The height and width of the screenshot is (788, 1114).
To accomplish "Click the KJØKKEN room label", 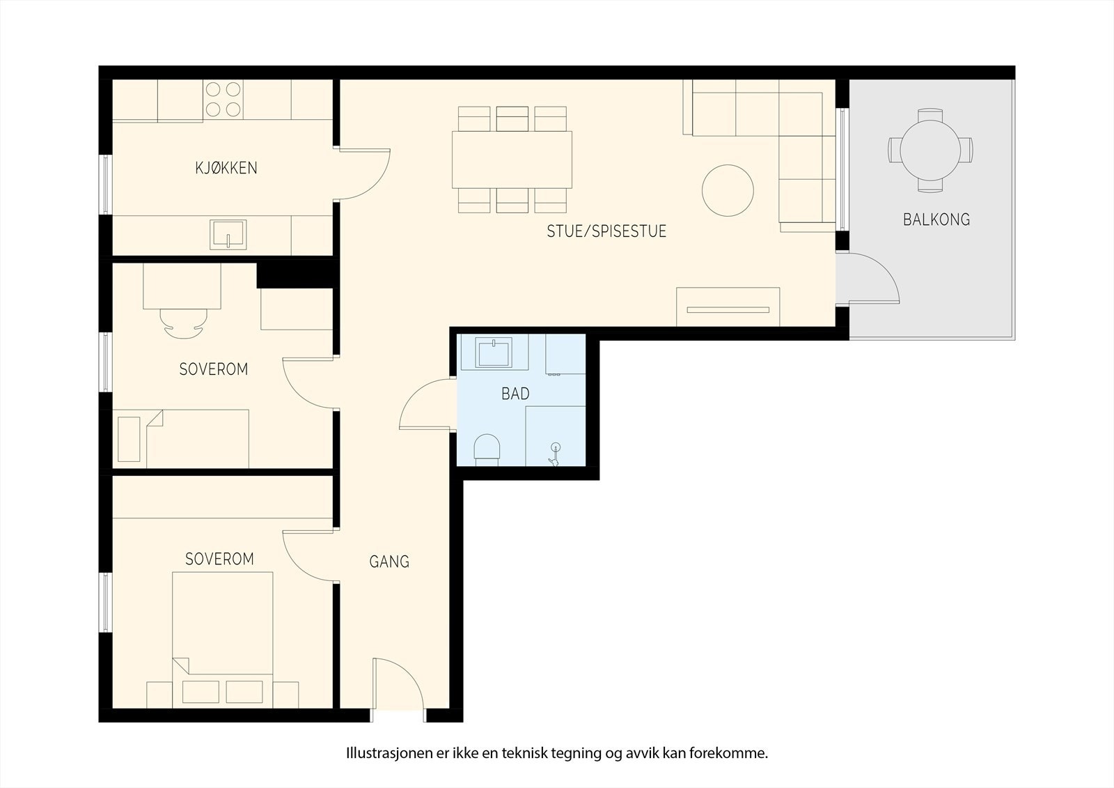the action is [226, 168].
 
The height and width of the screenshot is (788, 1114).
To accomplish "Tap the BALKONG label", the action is [936, 219].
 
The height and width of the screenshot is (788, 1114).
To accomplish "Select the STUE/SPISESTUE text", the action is [606, 231].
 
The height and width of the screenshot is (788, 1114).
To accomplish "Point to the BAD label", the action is [515, 394].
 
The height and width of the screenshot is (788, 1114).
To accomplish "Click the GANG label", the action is [389, 562].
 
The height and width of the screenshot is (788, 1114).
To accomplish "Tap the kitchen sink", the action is [228, 235].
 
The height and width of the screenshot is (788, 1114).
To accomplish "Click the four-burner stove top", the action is [223, 100].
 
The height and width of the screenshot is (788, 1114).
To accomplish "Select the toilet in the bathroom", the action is [487, 450].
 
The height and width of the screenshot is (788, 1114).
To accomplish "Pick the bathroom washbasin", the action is [494, 353].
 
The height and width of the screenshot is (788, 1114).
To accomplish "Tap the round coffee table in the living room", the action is [728, 190].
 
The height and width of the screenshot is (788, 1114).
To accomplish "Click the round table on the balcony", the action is [930, 150].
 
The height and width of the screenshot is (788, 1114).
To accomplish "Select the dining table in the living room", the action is [512, 160].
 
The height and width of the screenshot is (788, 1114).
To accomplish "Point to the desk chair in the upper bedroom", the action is [184, 323].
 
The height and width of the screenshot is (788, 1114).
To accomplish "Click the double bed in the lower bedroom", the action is [222, 640].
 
